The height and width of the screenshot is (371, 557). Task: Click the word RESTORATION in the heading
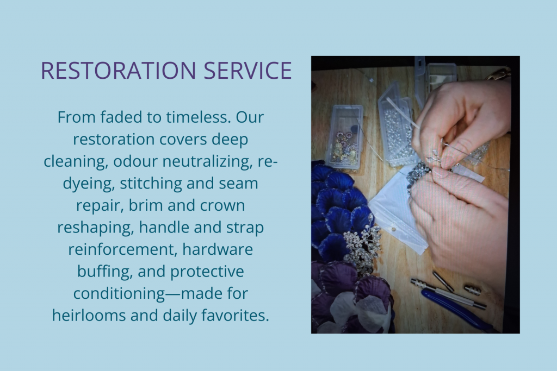[118, 70]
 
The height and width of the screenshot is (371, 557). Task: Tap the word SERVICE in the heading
[247, 70]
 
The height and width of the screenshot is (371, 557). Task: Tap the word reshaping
[96, 228]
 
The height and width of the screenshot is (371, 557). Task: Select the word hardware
[218, 249]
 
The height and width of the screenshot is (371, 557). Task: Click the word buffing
[105, 272]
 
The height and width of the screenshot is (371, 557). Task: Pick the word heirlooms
[89, 315]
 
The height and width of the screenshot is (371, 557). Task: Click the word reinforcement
[123, 249]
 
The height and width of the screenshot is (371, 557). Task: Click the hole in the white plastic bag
[393, 229]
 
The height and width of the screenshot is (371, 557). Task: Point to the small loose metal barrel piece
[473, 290]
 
